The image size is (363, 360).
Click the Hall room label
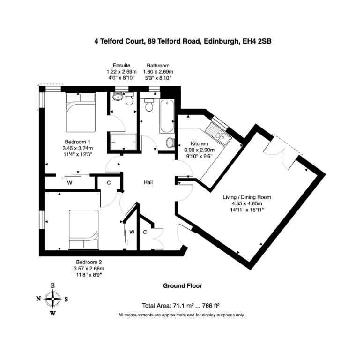(x=148, y=182)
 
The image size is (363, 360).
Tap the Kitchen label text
(x=199, y=143)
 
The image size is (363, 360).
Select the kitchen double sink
(x=219, y=134)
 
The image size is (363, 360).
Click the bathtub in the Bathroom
(x=167, y=116)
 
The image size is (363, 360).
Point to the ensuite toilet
(x=129, y=98)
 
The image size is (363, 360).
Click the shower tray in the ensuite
(x=123, y=142)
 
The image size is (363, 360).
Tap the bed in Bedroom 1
(x=81, y=112)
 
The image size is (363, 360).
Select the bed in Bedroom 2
(x=83, y=230)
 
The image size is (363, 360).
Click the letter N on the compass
(x=38, y=299)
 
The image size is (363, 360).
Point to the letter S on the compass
(x=66, y=299)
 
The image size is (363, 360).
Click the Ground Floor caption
(x=182, y=286)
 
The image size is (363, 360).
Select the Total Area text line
(x=181, y=306)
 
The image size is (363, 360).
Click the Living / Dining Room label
(x=247, y=197)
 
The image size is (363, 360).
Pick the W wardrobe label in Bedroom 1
(x=70, y=183)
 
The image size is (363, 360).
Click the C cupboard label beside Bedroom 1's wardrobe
(x=109, y=183)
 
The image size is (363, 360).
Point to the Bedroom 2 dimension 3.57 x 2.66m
(x=89, y=269)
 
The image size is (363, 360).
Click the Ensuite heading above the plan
(x=121, y=65)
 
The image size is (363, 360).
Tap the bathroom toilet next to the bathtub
(x=148, y=105)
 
